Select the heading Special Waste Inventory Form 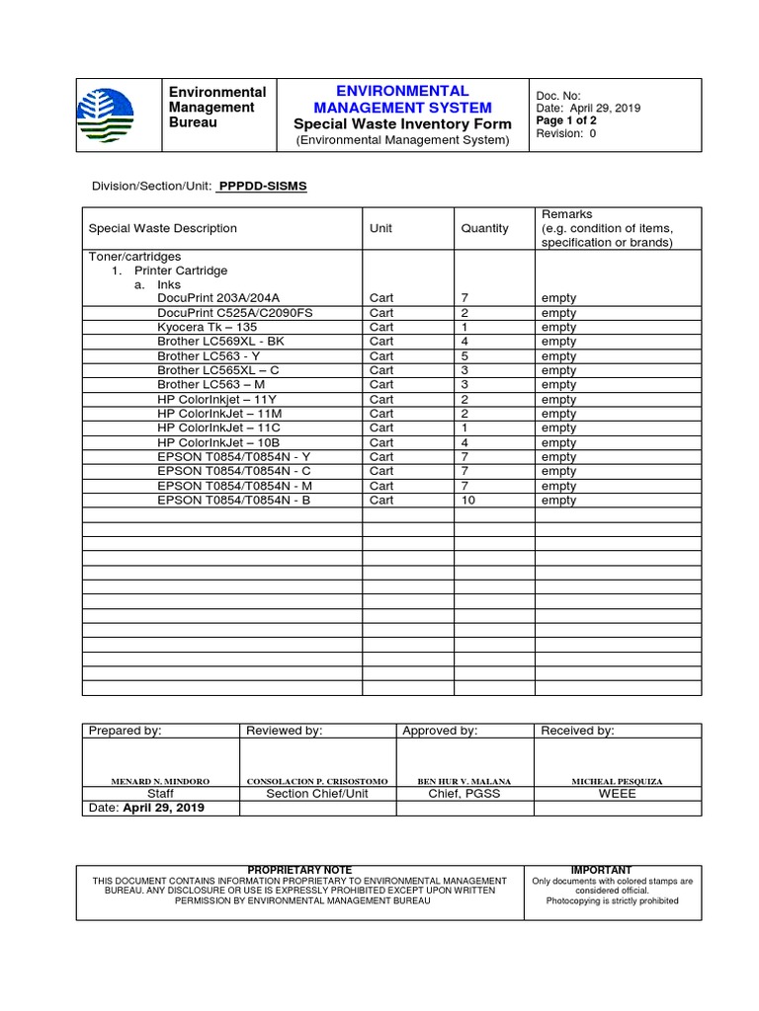click(x=402, y=123)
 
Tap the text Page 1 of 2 click(x=565, y=120)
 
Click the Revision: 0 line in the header click(x=565, y=134)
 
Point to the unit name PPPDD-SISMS click(x=263, y=186)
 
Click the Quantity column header click(x=484, y=228)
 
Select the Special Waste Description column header click(x=163, y=228)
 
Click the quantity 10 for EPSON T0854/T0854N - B click(x=468, y=501)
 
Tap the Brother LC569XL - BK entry click(x=220, y=342)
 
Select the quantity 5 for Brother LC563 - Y click(x=464, y=356)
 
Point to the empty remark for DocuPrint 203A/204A click(x=558, y=298)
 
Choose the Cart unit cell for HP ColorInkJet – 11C click(x=381, y=428)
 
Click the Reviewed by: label click(x=284, y=731)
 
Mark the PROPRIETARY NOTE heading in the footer click(x=299, y=870)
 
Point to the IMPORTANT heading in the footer click(x=601, y=870)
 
